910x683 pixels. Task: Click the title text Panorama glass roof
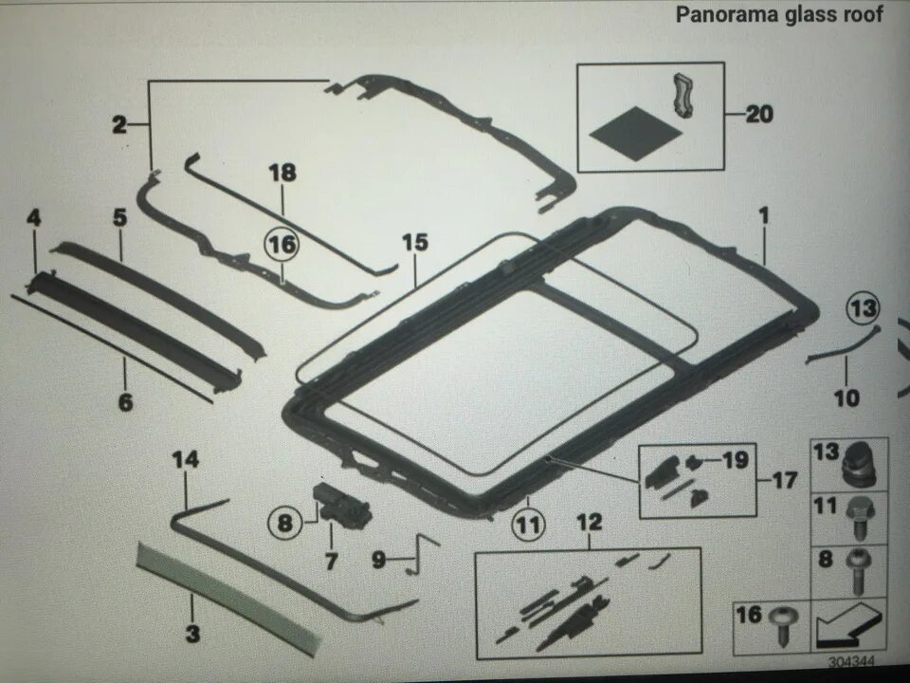point(779,15)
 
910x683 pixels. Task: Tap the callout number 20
point(759,115)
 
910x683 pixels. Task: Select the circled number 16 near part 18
point(282,245)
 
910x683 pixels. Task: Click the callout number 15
point(414,242)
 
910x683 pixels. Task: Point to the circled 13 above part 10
point(863,308)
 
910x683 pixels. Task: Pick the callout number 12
point(589,523)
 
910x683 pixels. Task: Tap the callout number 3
point(192,635)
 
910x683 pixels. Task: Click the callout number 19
point(736,461)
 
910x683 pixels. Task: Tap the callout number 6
point(125,402)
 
